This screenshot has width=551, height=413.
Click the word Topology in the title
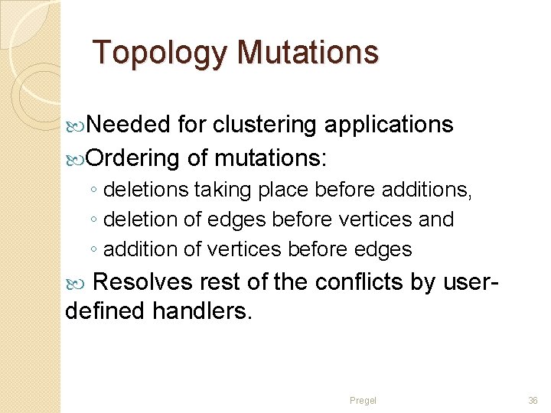[159, 54]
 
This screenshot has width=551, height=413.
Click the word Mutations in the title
[308, 53]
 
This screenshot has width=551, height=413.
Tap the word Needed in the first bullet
[128, 125]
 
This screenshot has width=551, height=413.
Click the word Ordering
[132, 158]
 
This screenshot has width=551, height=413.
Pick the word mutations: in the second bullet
[271, 158]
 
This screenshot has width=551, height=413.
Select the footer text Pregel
[363, 400]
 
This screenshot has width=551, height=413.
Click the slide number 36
[533, 400]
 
